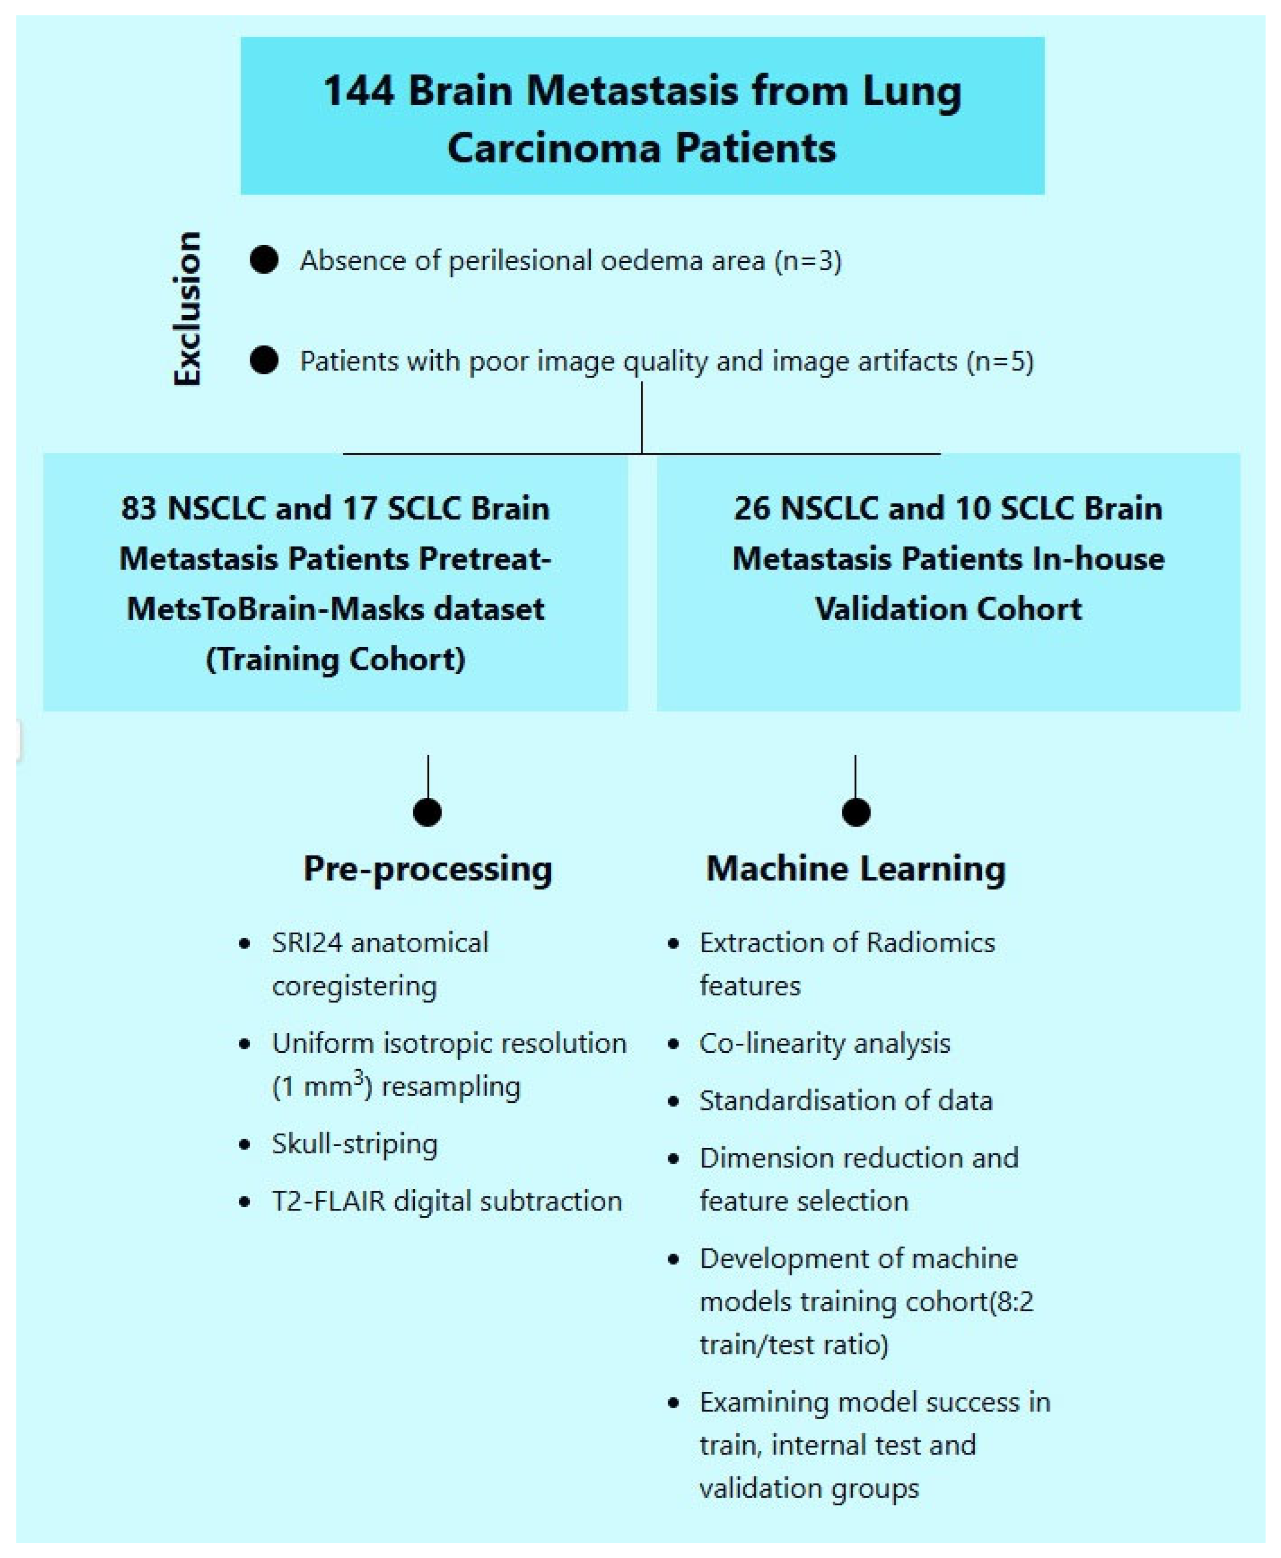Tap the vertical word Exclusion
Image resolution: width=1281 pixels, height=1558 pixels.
pos(187,308)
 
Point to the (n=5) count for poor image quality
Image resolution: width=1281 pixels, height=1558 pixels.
pos(1001,361)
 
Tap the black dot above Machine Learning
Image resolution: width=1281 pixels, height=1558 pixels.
pos(856,812)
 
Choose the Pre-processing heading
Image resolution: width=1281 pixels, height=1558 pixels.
pos(428,868)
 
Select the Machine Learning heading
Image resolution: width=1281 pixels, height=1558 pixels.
pos(856,868)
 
